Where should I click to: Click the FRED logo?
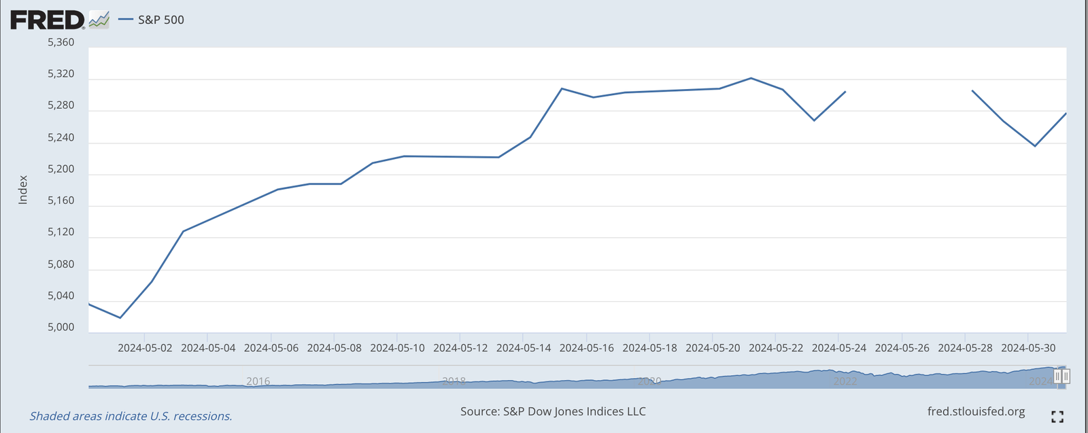[x=48, y=20]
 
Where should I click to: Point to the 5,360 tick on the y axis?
[x=61, y=42]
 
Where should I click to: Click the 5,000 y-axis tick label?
[x=61, y=328]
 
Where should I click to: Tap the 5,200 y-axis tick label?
[x=61, y=169]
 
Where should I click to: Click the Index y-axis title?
[x=23, y=190]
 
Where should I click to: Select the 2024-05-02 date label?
[x=145, y=348]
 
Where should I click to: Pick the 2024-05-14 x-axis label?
[x=524, y=348]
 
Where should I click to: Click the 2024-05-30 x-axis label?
[x=1028, y=348]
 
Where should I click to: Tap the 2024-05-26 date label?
[x=902, y=348]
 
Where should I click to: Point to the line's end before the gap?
[x=845, y=91]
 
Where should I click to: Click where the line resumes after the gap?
[x=972, y=90]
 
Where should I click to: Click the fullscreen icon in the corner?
[x=1057, y=417]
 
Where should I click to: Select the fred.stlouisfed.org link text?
[x=976, y=412]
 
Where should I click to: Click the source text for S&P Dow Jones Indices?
[x=553, y=411]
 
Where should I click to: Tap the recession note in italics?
[x=131, y=416]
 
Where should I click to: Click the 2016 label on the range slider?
[x=258, y=381]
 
